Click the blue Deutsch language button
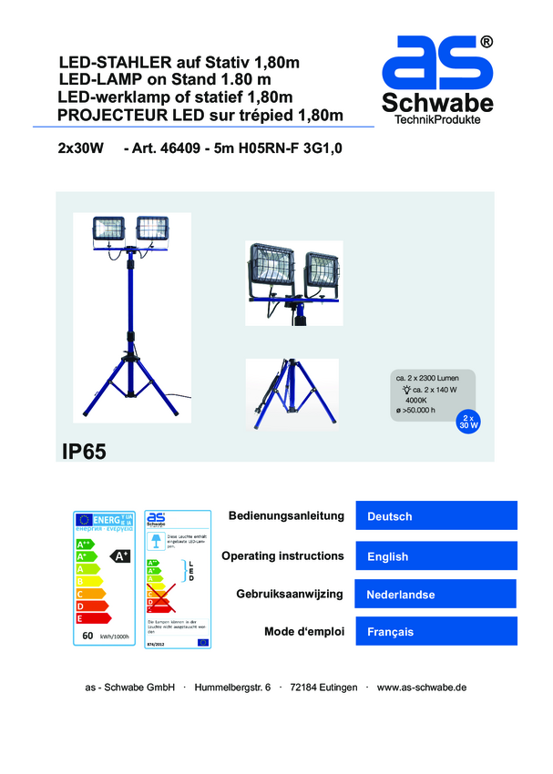435,516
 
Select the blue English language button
435,555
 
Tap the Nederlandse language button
435,595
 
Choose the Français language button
435,632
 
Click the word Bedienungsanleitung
286,516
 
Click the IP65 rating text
85,451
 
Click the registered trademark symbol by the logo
486,41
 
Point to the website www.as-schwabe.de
421,687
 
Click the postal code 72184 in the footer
302,687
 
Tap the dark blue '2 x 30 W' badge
468,422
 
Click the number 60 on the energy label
87,636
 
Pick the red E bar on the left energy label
93,619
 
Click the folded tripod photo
292,392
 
